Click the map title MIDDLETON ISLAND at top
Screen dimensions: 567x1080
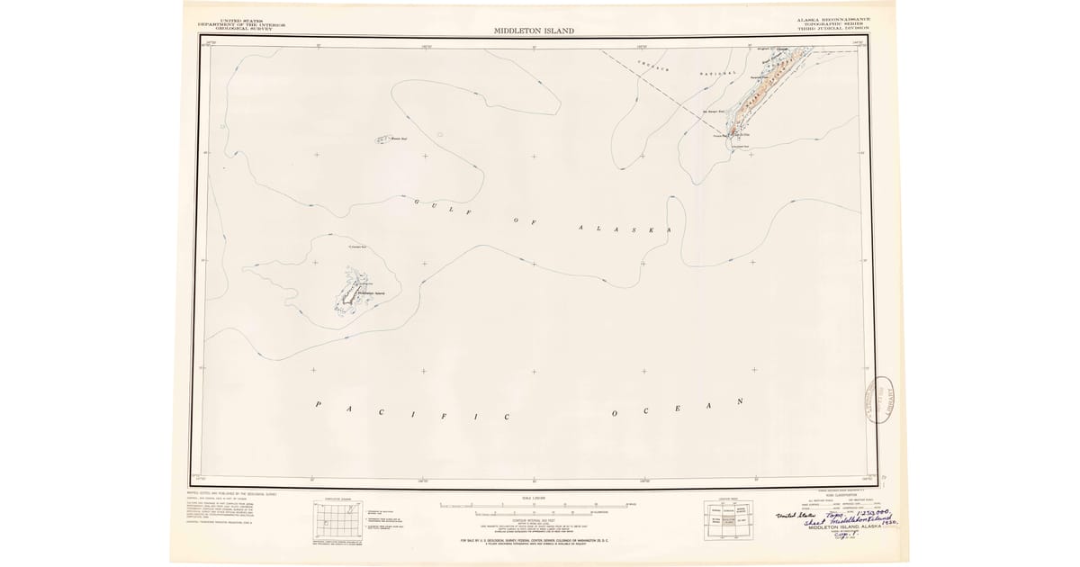pos(533,31)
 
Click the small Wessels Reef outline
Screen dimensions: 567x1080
pos(380,139)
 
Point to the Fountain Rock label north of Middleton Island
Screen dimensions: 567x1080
pos(355,247)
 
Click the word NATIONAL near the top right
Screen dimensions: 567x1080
pos(719,73)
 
